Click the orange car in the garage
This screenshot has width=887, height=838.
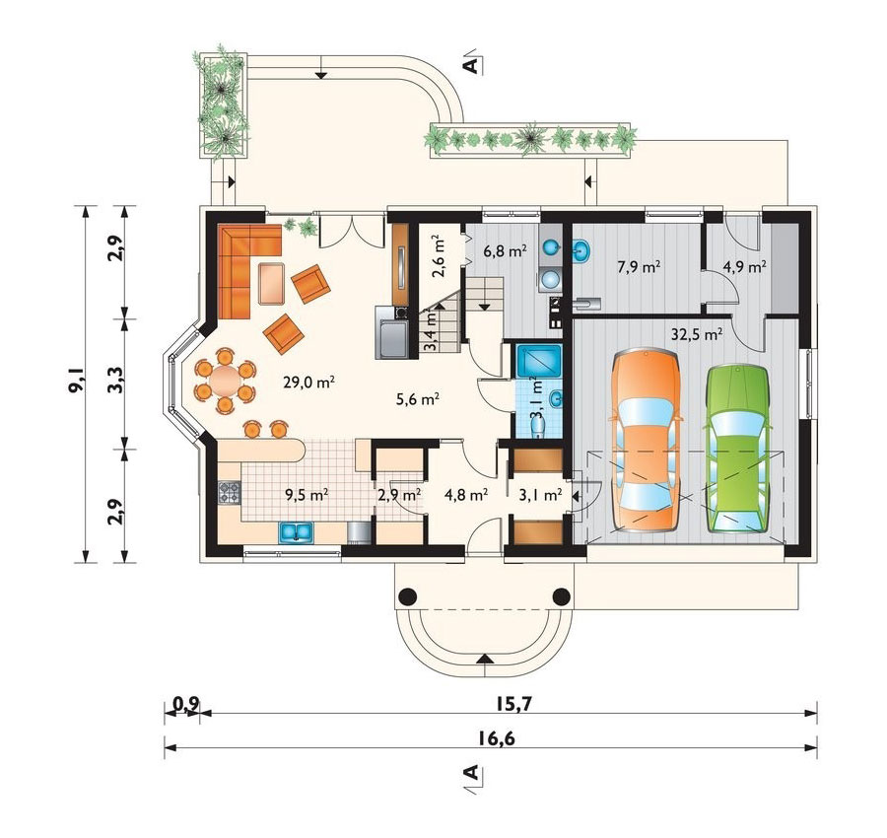pyautogui.click(x=646, y=444)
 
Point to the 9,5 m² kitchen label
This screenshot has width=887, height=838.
pyautogui.click(x=307, y=495)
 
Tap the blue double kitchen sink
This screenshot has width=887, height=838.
pyautogui.click(x=295, y=533)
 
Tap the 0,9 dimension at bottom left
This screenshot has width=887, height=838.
pyautogui.click(x=184, y=703)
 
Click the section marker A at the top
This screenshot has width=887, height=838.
pyautogui.click(x=471, y=65)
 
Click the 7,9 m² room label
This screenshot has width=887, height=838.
pyautogui.click(x=638, y=266)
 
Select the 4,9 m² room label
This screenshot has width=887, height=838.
pyautogui.click(x=744, y=266)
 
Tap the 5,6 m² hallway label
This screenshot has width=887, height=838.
pyautogui.click(x=416, y=399)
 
